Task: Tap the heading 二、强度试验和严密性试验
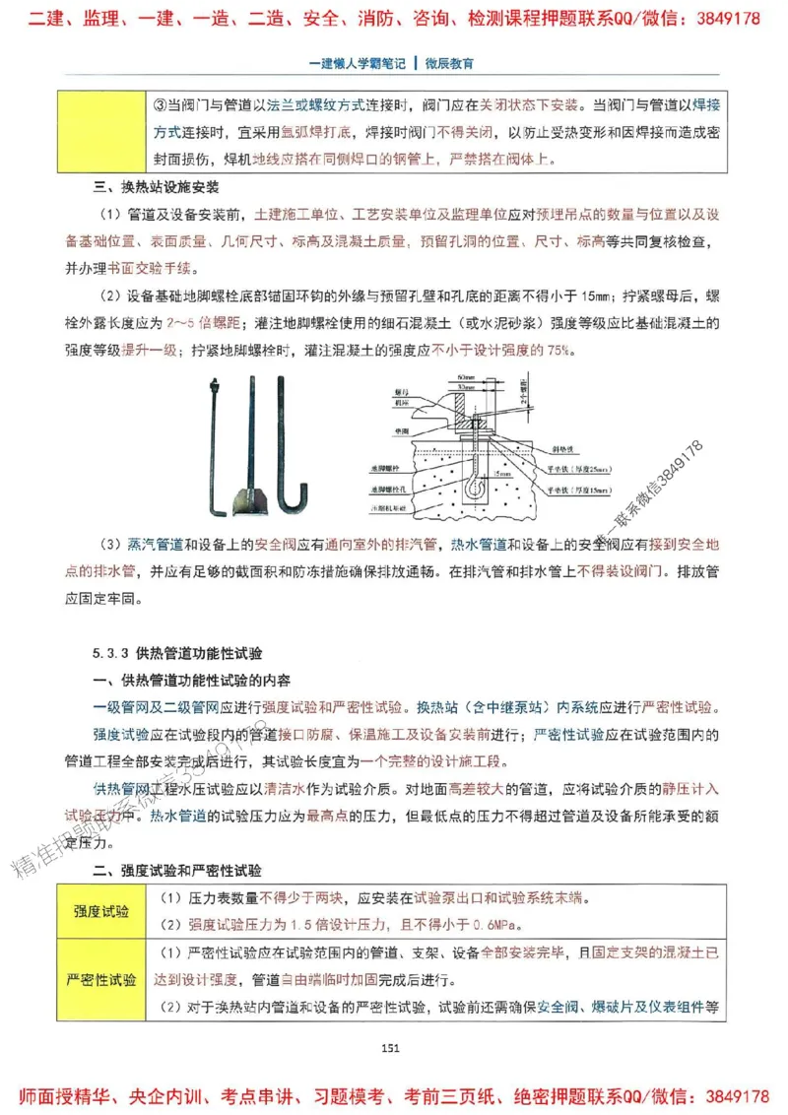pos(176,871)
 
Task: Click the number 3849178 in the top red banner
pos(723,18)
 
